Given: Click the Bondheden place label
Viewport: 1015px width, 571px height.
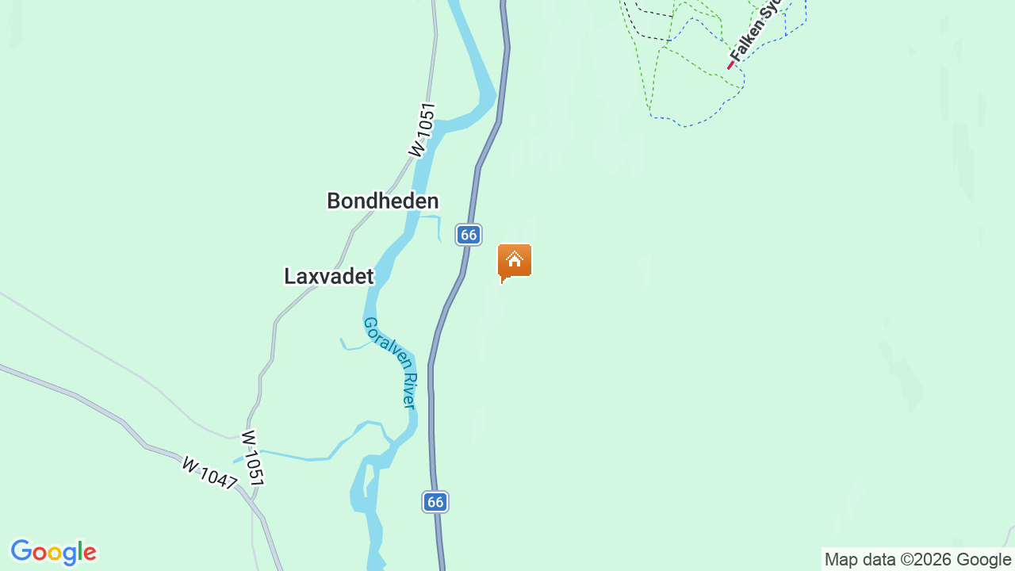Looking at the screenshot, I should pyautogui.click(x=382, y=201).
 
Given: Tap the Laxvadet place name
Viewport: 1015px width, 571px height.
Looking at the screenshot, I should pyautogui.click(x=328, y=276).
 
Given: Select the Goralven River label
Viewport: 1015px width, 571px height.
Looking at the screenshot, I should pyautogui.click(x=389, y=362).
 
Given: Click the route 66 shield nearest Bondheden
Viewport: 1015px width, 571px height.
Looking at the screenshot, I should pyautogui.click(x=469, y=235).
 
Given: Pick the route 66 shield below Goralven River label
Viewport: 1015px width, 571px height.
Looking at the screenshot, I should pyautogui.click(x=435, y=501).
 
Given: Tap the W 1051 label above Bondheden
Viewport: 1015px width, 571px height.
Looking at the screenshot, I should pyautogui.click(x=422, y=129).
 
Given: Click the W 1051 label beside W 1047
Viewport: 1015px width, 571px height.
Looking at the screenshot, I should pyautogui.click(x=252, y=458).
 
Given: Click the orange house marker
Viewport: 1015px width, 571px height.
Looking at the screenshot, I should pyautogui.click(x=515, y=262).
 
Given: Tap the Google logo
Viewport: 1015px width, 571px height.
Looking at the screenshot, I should pyautogui.click(x=53, y=552).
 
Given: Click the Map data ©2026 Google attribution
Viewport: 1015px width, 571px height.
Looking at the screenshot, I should pyautogui.click(x=917, y=560).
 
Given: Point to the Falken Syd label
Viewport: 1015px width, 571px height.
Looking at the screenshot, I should pyautogui.click(x=756, y=31).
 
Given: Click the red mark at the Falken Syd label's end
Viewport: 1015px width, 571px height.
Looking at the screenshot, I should pyautogui.click(x=730, y=66).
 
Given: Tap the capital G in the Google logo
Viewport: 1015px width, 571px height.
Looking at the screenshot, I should pyautogui.click(x=21, y=551).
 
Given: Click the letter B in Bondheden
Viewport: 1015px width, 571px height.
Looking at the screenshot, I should pyautogui.click(x=334, y=201).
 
